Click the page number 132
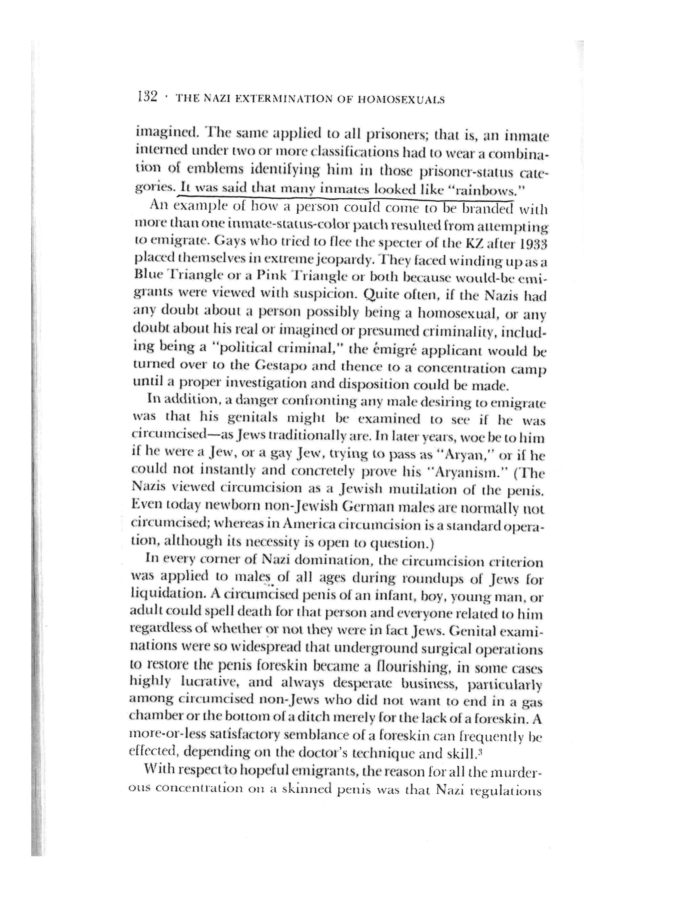[148, 97]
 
